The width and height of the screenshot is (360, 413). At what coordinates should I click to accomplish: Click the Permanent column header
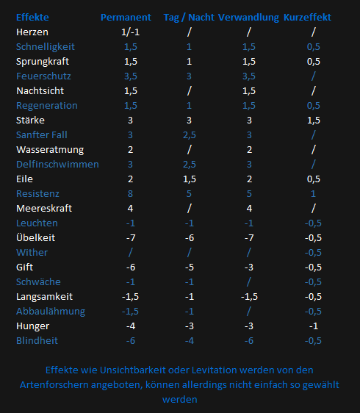point(126,18)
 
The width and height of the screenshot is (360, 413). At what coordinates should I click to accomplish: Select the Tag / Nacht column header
point(189,18)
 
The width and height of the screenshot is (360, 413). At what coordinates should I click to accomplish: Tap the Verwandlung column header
point(248,18)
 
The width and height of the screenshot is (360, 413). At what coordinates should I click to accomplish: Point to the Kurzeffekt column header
point(307,18)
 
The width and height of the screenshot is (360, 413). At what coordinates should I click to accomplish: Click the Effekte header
point(32,18)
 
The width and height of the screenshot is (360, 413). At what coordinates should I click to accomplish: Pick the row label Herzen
point(32,32)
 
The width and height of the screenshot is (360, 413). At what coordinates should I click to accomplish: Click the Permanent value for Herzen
point(130,32)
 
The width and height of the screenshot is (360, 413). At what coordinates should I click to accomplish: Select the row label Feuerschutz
point(43,76)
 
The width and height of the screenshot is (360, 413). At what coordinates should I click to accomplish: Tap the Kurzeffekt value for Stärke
point(314,121)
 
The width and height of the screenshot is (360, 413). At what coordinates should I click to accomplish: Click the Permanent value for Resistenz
point(130,194)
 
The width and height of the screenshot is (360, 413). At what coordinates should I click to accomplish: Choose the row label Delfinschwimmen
point(57,165)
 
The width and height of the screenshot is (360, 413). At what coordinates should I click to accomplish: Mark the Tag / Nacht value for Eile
point(190,179)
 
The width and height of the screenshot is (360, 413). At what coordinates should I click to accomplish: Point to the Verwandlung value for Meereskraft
point(249,209)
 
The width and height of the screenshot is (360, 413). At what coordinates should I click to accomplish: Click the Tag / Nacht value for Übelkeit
point(190,238)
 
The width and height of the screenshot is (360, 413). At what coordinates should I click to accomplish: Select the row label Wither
point(32,253)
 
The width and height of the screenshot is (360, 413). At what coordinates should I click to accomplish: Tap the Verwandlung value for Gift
point(249,267)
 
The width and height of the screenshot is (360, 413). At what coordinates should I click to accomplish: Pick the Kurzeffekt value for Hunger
point(314,326)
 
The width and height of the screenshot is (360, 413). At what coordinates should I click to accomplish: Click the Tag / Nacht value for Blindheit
point(190,341)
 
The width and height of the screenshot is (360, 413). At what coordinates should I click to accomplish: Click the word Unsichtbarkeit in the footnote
point(132,370)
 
